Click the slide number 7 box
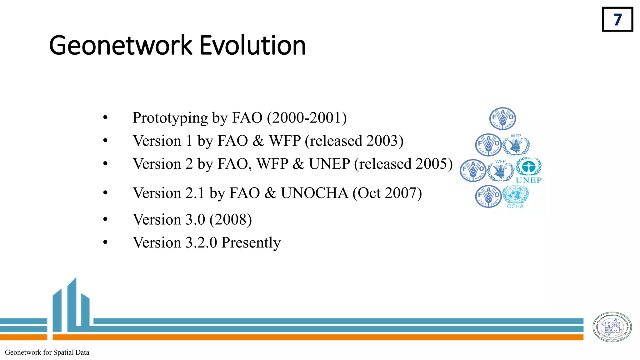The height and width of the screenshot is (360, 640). [x=617, y=19]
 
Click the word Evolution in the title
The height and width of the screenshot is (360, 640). [x=252, y=46]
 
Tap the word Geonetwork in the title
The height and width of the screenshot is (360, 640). [x=120, y=46]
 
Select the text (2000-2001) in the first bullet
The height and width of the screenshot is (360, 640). [x=307, y=118]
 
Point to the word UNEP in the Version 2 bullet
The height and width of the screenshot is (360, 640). [x=329, y=164]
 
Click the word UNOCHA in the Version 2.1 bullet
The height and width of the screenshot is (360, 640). [x=314, y=193]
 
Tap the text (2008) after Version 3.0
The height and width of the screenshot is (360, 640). [x=231, y=220]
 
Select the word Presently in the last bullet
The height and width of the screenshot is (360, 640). [x=251, y=243]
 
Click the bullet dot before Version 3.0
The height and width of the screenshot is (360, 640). [x=105, y=219]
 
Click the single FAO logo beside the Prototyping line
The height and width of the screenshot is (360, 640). [x=502, y=118]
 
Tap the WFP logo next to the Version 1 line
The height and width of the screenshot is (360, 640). [x=516, y=145]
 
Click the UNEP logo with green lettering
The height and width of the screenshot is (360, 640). [x=528, y=170]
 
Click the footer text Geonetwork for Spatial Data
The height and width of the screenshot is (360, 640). [x=47, y=352]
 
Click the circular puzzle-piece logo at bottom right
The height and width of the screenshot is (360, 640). [x=612, y=327]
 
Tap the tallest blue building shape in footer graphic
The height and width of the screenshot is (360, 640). [x=72, y=305]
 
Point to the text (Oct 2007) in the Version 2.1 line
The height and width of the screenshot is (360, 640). [x=387, y=193]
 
